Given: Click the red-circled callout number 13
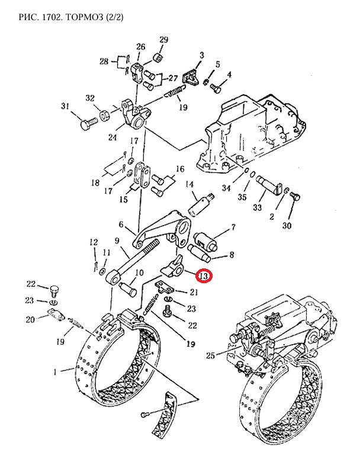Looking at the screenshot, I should coord(203,277).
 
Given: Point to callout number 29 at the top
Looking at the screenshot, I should coord(163,40).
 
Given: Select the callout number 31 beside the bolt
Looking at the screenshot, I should coord(65,107).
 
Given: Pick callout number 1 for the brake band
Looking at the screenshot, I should coord(55,372).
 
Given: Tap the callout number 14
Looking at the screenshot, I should coord(191,185).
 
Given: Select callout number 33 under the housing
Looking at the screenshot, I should coord(256,207).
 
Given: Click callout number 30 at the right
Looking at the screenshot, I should coord(287,226).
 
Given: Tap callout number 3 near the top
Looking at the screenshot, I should coord(201,56).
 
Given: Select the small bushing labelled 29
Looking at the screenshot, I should coord(158,57).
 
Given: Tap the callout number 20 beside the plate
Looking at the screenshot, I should coord(31,320).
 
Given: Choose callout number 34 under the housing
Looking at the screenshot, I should coord(226,188).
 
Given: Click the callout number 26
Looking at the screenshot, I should coord(140,47).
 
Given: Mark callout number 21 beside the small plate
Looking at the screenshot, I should coord(194,291).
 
